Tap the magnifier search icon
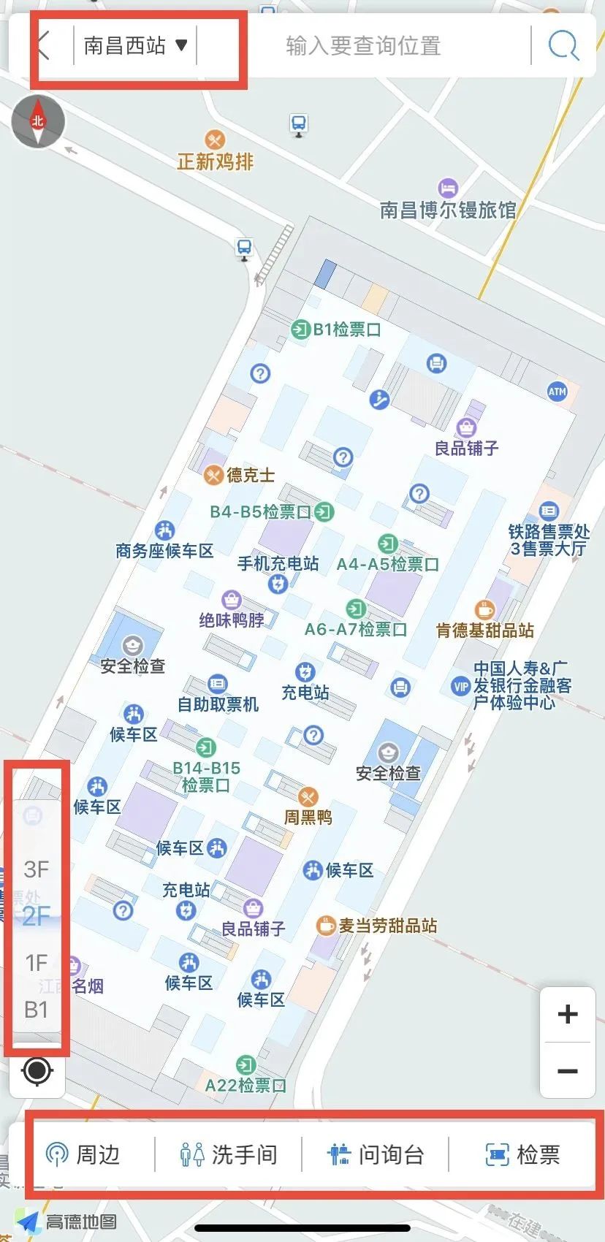pyautogui.click(x=563, y=46)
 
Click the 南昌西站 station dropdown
pyautogui.click(x=135, y=46)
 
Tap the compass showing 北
pyautogui.click(x=38, y=121)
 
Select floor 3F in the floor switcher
pyautogui.click(x=36, y=869)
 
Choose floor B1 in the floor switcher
pyautogui.click(x=36, y=1010)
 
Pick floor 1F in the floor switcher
pyautogui.click(x=36, y=963)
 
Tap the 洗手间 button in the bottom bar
pyautogui.click(x=229, y=1154)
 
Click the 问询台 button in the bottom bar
pyautogui.click(x=376, y=1154)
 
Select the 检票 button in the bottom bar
pyautogui.click(x=523, y=1154)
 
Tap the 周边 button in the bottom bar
pyautogui.click(x=82, y=1154)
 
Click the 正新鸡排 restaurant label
pyautogui.click(x=215, y=160)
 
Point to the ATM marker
pyautogui.click(x=558, y=392)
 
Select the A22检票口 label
pyautogui.click(x=245, y=1085)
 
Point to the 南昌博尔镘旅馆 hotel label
pyautogui.click(x=447, y=210)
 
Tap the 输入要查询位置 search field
pyautogui.click(x=363, y=46)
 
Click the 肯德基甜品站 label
pyautogui.click(x=485, y=630)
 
